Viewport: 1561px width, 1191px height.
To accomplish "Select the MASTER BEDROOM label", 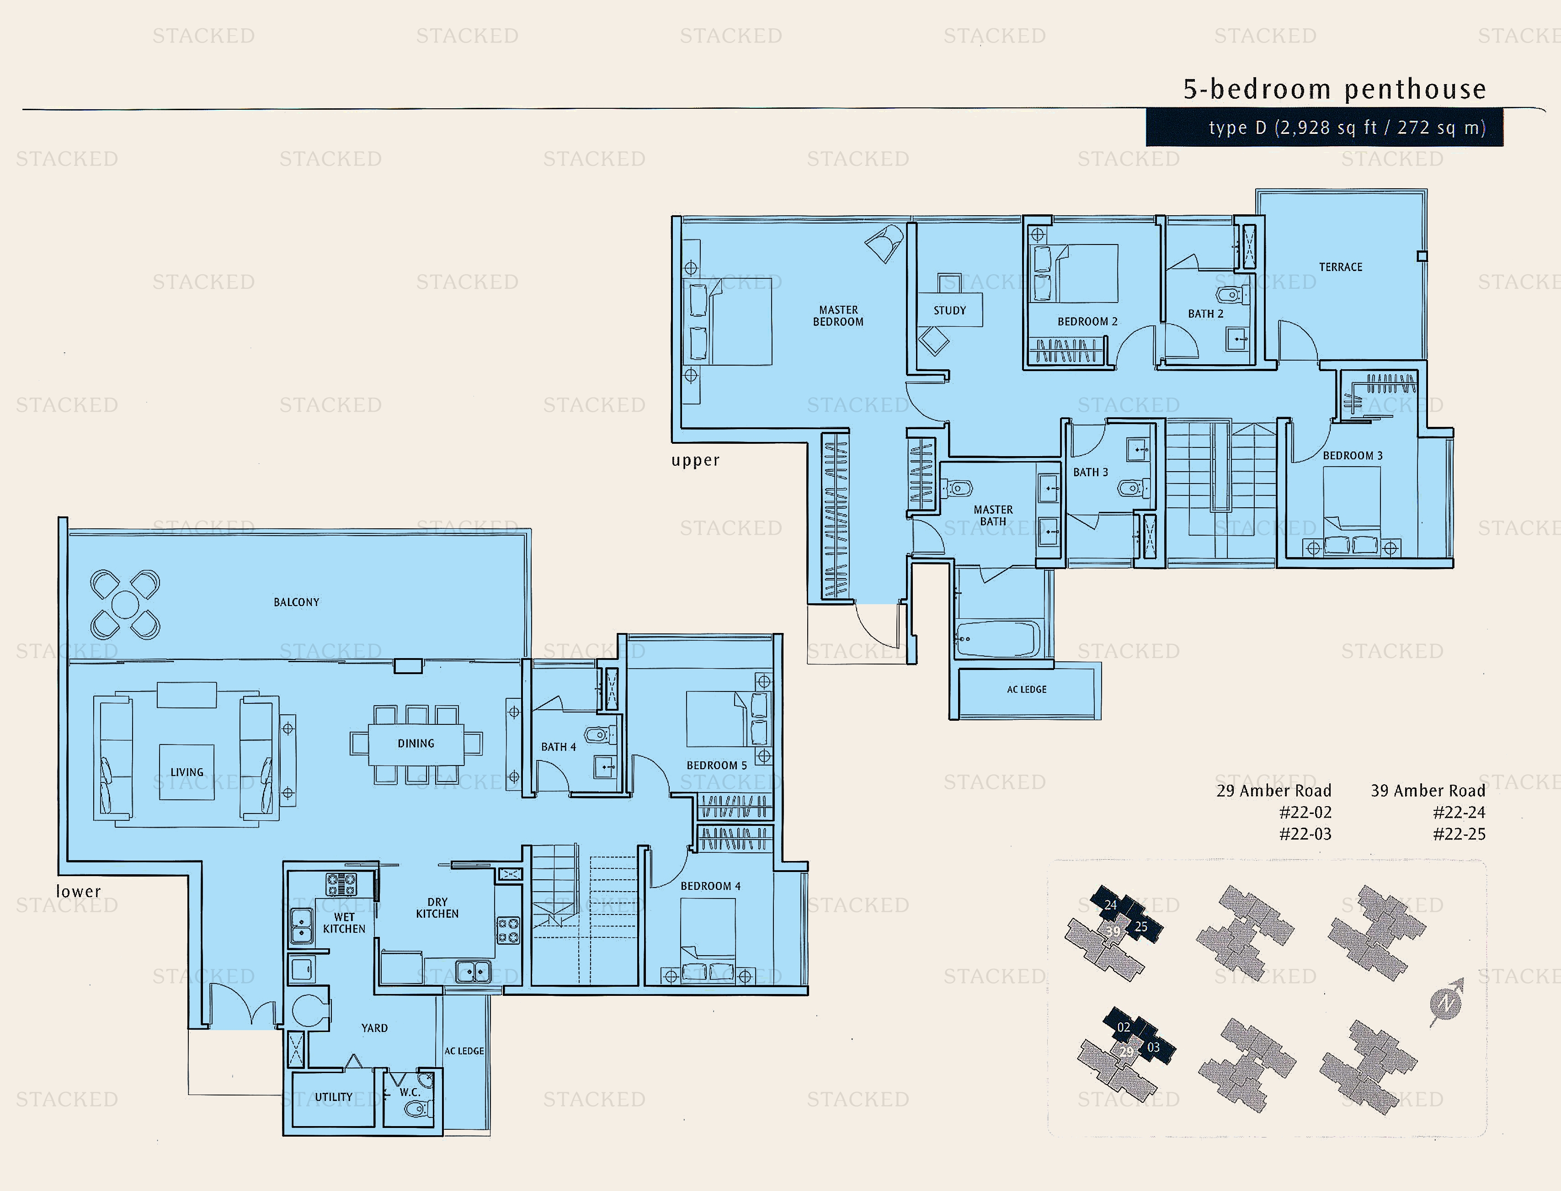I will tap(838, 315).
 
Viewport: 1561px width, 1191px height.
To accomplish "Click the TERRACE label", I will tap(1340, 267).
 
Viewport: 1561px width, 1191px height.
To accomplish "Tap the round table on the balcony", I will tap(126, 605).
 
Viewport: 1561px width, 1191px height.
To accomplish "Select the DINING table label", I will tap(416, 744).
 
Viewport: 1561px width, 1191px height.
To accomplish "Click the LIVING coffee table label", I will tap(186, 772).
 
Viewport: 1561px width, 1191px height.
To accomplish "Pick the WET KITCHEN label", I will tap(344, 923).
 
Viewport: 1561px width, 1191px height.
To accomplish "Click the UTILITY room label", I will tap(333, 1097).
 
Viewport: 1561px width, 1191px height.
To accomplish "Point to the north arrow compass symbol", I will tap(1445, 1002).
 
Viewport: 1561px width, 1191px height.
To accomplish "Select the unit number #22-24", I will tap(1459, 813).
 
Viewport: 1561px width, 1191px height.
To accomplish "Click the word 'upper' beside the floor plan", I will tap(695, 460).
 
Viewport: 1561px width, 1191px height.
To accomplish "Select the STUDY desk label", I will tap(949, 310).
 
